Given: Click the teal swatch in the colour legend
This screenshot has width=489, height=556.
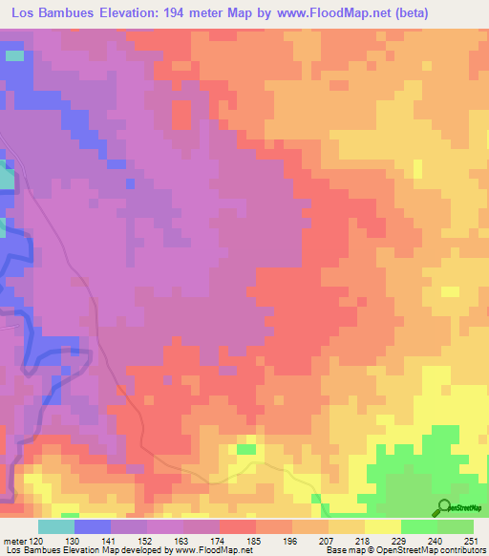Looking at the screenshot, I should pyautogui.click(x=55, y=527).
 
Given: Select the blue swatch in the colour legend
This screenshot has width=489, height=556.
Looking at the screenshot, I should pyautogui.click(x=92, y=527).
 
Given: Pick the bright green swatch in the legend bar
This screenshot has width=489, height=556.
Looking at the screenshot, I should pyautogui.click(x=418, y=527).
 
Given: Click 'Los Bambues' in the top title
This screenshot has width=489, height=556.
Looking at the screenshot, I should pyautogui.click(x=52, y=13).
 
